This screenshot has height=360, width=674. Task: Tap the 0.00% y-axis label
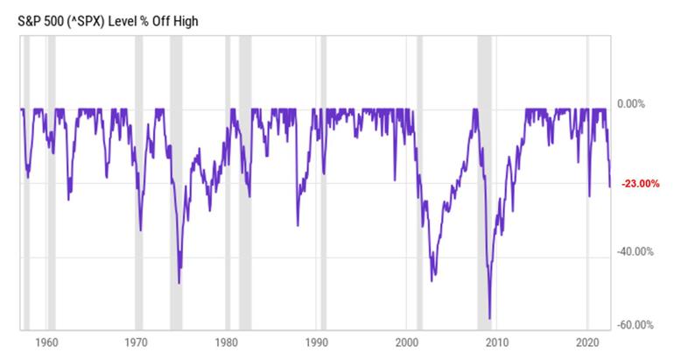pyautogui.click(x=631, y=104)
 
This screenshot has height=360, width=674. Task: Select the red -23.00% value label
pyautogui.click(x=640, y=184)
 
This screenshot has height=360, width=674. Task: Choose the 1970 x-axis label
pyautogui.click(x=136, y=340)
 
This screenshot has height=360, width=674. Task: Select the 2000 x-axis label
pyautogui.click(x=406, y=340)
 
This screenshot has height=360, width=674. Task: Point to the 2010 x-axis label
pyautogui.click(x=496, y=340)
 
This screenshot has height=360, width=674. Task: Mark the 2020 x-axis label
pyautogui.click(x=586, y=340)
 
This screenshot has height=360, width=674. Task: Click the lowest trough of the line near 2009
pyautogui.click(x=489, y=318)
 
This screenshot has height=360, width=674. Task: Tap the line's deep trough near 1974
pyautogui.click(x=179, y=282)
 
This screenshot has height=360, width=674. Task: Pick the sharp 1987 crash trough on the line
pyautogui.click(x=297, y=225)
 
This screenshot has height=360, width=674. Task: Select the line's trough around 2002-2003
pyautogui.click(x=432, y=280)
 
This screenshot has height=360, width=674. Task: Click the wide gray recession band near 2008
pyautogui.click(x=483, y=219)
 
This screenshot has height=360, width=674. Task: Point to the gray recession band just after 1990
pyautogui.click(x=324, y=219)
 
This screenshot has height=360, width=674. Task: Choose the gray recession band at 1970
pyautogui.click(x=139, y=219)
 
